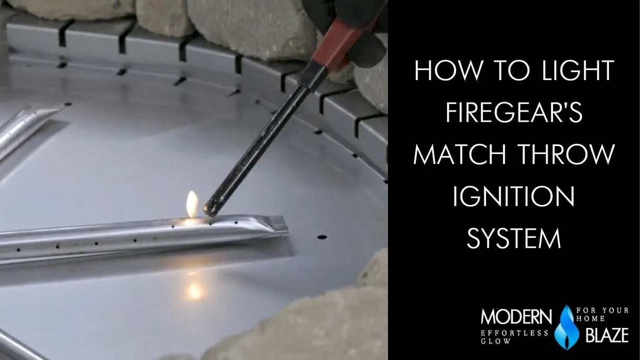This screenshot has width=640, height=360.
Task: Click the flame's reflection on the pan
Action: click(x=194, y=289)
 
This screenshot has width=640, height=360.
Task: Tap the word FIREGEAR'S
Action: click(x=515, y=113)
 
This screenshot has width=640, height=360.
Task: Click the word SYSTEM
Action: click(x=514, y=239)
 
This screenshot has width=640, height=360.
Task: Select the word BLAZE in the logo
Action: click(x=606, y=335)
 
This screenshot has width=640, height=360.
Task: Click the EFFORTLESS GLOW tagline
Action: click(x=515, y=337)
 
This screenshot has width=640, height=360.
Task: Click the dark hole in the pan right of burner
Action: click(x=322, y=237)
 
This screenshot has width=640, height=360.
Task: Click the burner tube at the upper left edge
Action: click(x=26, y=127)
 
